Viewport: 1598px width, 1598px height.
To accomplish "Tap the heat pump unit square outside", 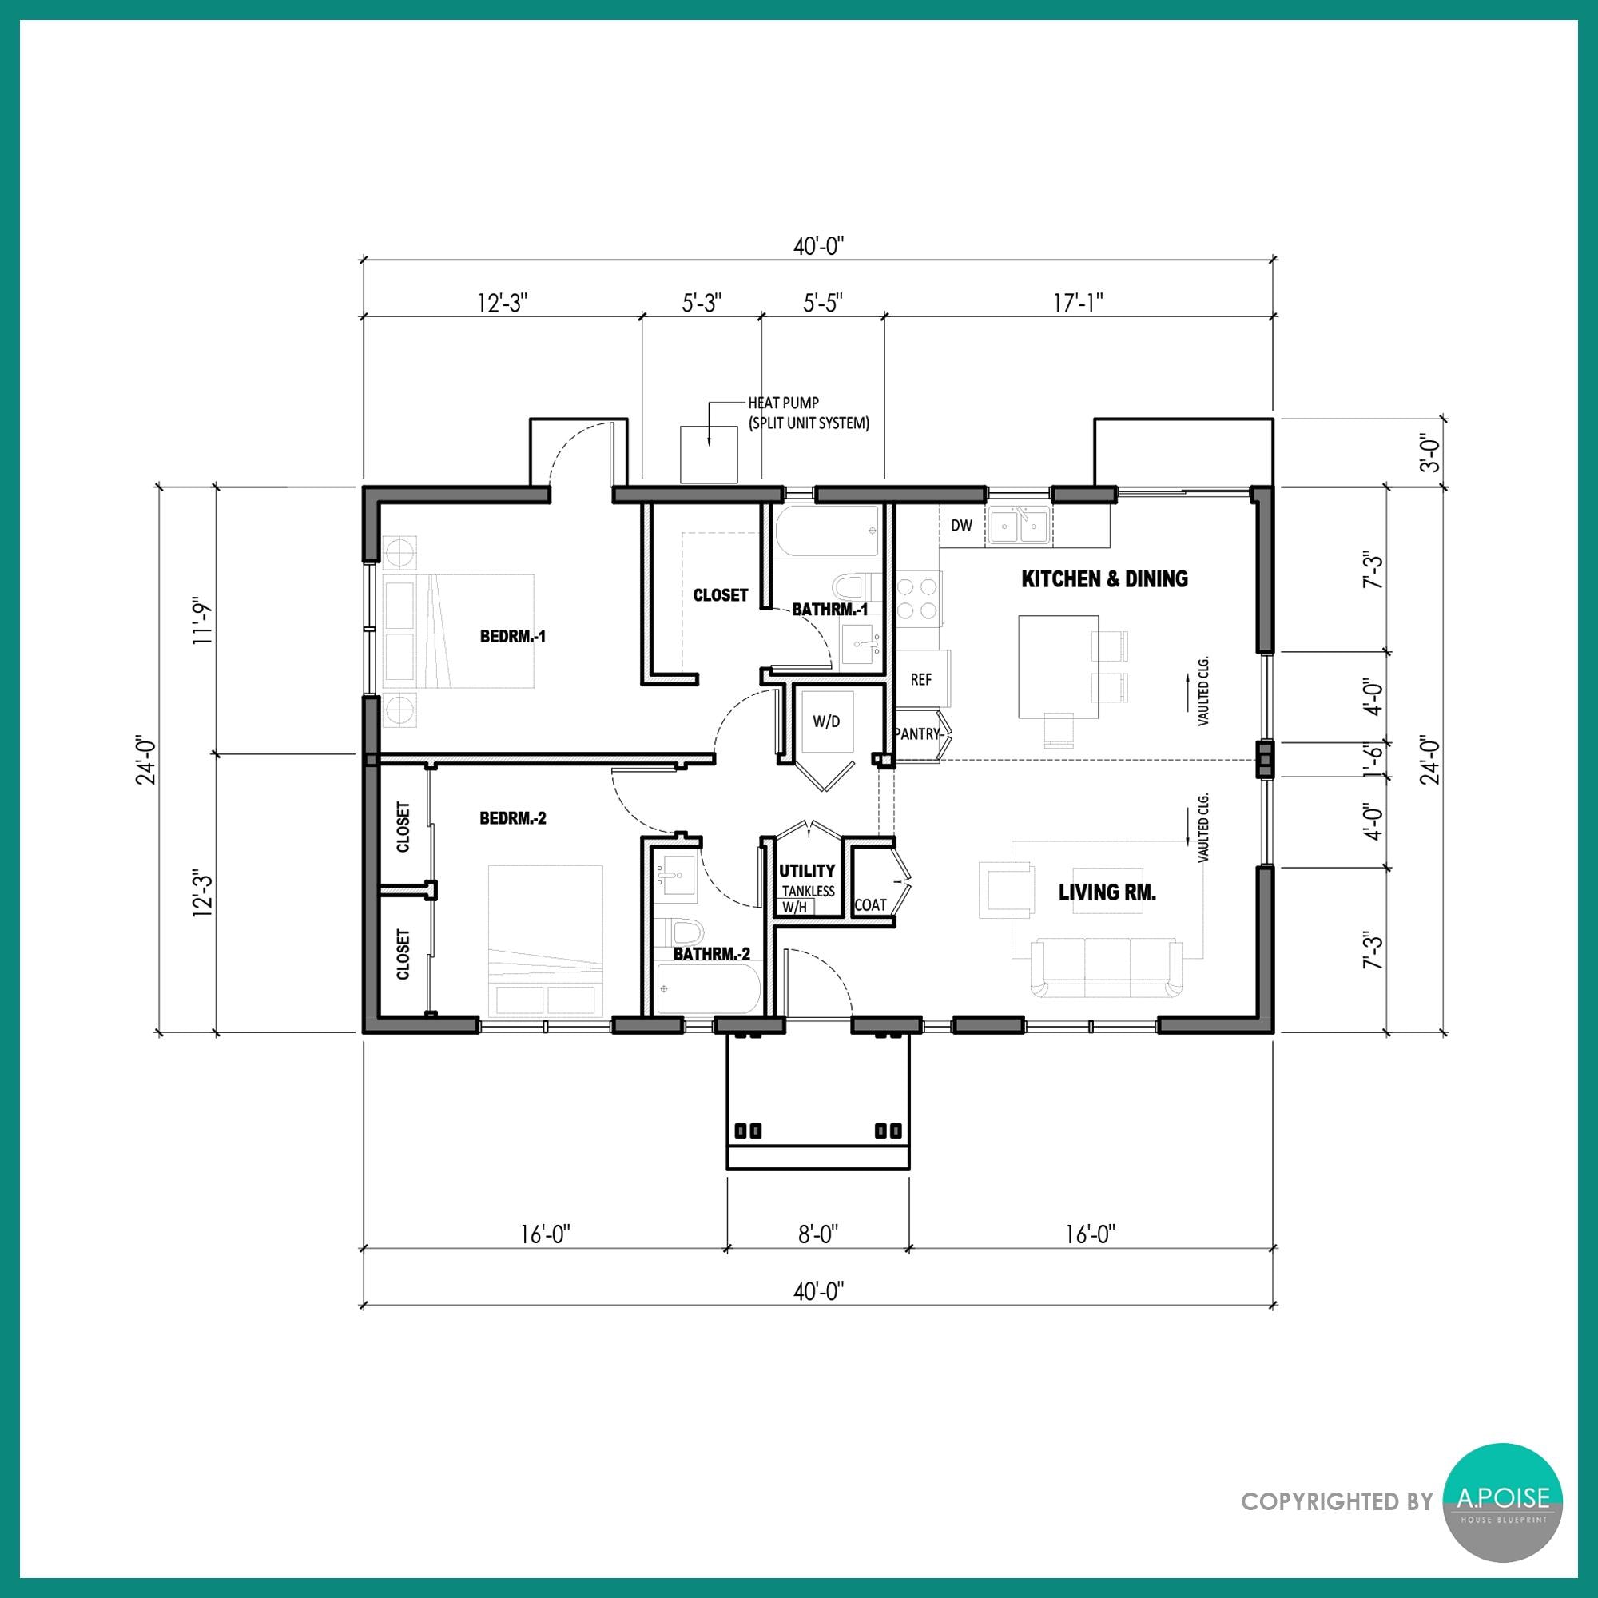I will (x=709, y=455).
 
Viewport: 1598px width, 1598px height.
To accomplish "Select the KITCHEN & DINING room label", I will (x=1104, y=579).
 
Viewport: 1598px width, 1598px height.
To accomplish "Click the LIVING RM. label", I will (x=1107, y=892).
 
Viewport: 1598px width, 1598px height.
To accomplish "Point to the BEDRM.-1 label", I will (x=513, y=636).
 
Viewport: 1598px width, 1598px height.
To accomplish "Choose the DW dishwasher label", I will (x=961, y=525).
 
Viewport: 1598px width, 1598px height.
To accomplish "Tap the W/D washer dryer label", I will (x=825, y=721).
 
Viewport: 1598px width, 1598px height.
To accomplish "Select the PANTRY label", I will (x=917, y=733).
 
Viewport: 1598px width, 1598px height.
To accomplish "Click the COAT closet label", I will (x=870, y=905).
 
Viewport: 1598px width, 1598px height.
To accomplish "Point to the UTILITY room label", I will (x=806, y=870).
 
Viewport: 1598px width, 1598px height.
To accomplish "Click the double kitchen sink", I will (x=1019, y=525).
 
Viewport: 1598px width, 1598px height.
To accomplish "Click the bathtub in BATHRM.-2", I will (x=708, y=988).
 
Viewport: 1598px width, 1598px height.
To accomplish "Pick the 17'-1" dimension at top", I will (x=1078, y=304).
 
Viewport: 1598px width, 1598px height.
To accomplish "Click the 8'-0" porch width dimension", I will (x=818, y=1235).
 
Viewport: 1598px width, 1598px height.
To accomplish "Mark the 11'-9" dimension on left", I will (x=204, y=620).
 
